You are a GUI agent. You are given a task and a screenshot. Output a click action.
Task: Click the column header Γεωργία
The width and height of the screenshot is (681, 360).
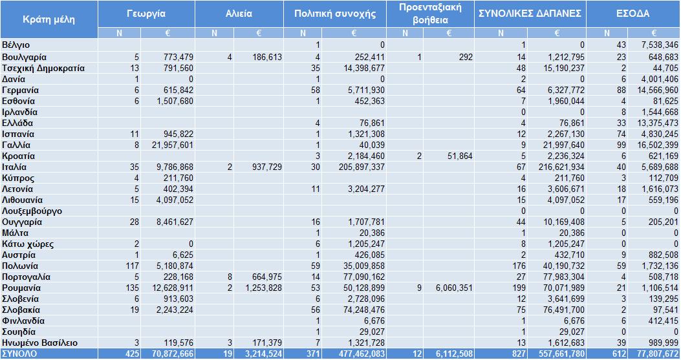(x=146, y=14)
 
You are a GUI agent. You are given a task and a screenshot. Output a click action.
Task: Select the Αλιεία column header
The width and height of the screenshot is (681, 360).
(x=239, y=14)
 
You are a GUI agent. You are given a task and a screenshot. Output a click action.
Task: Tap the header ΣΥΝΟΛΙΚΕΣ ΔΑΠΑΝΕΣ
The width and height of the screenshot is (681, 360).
(x=530, y=14)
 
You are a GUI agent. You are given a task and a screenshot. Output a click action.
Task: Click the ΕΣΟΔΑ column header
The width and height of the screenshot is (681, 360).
(x=632, y=14)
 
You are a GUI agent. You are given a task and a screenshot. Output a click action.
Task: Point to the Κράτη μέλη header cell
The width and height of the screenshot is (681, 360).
(x=49, y=19)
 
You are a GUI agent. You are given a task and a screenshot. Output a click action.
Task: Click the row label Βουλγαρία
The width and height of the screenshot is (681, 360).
(x=25, y=58)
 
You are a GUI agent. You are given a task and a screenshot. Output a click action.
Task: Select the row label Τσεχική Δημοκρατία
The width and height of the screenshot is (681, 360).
(x=43, y=68)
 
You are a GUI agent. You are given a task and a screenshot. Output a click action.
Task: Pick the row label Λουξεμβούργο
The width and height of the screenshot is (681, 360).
(x=32, y=211)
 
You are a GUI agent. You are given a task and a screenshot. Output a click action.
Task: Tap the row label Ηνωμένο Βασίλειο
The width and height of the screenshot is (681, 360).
(x=39, y=343)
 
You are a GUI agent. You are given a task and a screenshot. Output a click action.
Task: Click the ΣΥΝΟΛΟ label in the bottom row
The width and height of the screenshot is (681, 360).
(x=19, y=354)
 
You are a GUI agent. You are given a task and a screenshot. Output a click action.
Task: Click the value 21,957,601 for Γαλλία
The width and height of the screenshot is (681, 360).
(x=173, y=145)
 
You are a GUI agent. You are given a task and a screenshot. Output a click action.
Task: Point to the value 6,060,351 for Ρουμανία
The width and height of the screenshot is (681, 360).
(x=454, y=288)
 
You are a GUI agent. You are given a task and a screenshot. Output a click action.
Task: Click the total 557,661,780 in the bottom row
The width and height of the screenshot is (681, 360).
(x=561, y=354)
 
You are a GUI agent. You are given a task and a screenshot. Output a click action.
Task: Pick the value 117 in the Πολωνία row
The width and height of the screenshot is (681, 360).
(x=132, y=266)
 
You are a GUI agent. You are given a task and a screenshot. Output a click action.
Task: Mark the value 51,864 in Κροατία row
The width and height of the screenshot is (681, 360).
(x=460, y=156)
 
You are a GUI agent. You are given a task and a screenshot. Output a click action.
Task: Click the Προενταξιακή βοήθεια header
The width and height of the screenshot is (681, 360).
(x=431, y=14)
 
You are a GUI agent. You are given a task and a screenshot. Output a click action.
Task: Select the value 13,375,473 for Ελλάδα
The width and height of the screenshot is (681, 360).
(x=658, y=123)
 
